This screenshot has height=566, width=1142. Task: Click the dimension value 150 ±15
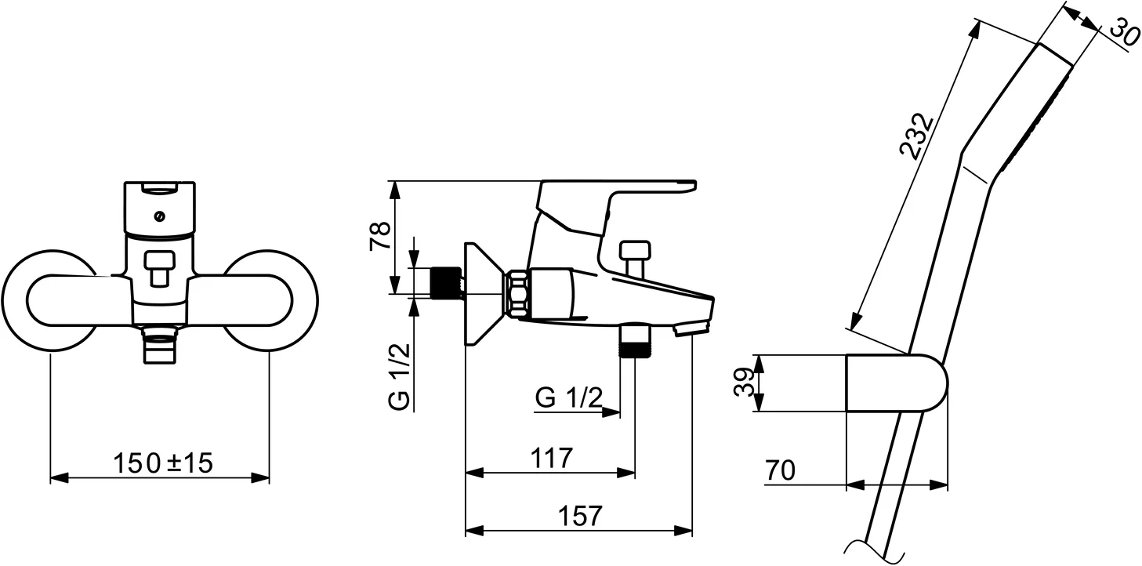pyautogui.click(x=163, y=463)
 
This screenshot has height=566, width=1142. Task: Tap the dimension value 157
pyautogui.click(x=580, y=516)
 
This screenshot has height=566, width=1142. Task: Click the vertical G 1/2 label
pyautogui.click(x=400, y=376)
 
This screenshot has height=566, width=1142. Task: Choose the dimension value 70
pyautogui.click(x=780, y=470)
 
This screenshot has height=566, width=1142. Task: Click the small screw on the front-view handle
pyautogui.click(x=160, y=217)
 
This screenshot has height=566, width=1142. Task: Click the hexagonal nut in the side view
pyautogui.click(x=518, y=294)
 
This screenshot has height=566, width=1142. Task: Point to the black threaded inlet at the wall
pyautogui.click(x=446, y=282)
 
